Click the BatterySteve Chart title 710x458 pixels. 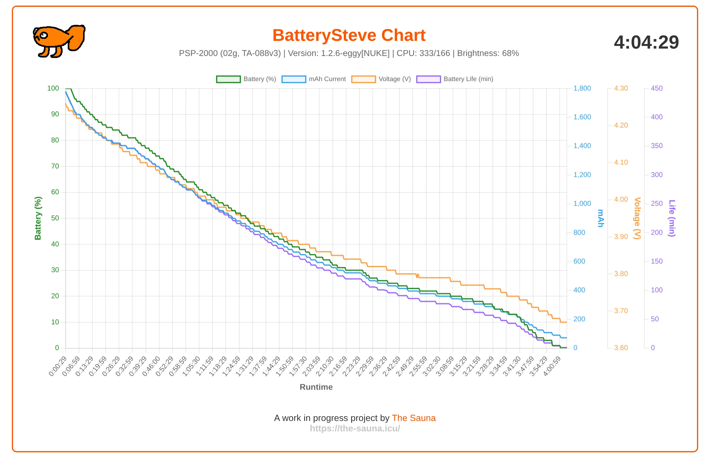pos(349,35)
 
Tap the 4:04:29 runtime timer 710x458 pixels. pos(646,42)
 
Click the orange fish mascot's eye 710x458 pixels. pos(44,35)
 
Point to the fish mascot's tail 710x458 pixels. pos(77,37)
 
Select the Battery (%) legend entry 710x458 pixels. pos(246,79)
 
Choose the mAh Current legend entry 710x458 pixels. pos(314,79)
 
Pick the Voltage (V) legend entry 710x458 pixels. pos(381,79)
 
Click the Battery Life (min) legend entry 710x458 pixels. pos(455,79)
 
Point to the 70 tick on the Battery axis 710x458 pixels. pos(55,166)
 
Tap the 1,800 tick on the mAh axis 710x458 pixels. pos(582,88)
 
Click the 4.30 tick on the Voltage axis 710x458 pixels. pos(621,88)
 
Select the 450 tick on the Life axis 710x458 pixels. pos(656,88)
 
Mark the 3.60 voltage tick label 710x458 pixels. pos(621,348)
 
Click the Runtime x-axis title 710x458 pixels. pos(316,387)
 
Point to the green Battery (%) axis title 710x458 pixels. pos(38,218)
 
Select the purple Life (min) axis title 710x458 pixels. pos(672,218)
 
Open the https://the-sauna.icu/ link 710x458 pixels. pos(355,428)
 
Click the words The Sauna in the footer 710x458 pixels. pos(414,418)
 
